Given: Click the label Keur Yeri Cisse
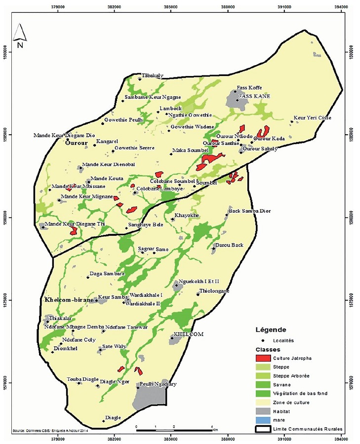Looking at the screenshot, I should pyautogui.click(x=313, y=118).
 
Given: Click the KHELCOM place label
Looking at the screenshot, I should pyautogui.click(x=189, y=334).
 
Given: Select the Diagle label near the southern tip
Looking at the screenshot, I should pyautogui.click(x=113, y=417).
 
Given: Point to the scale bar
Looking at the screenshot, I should pyautogui.click(x=173, y=425).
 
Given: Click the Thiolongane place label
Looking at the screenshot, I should pyautogui.click(x=214, y=291).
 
